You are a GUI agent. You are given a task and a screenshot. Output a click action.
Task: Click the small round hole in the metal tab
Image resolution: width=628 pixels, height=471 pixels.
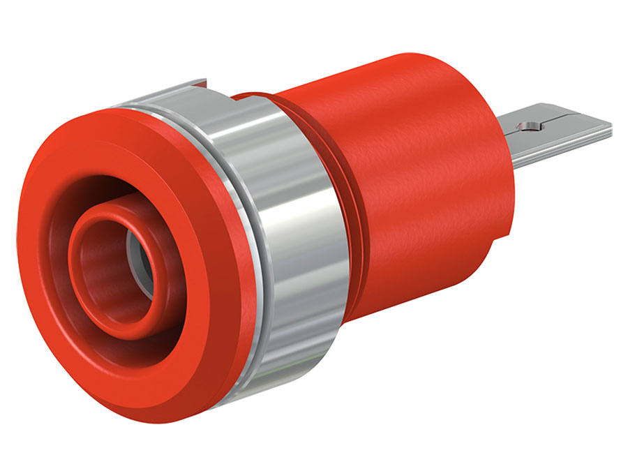click(x=528, y=126)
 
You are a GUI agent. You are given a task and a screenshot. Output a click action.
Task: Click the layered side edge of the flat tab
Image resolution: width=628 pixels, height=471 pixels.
click(x=558, y=144)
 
